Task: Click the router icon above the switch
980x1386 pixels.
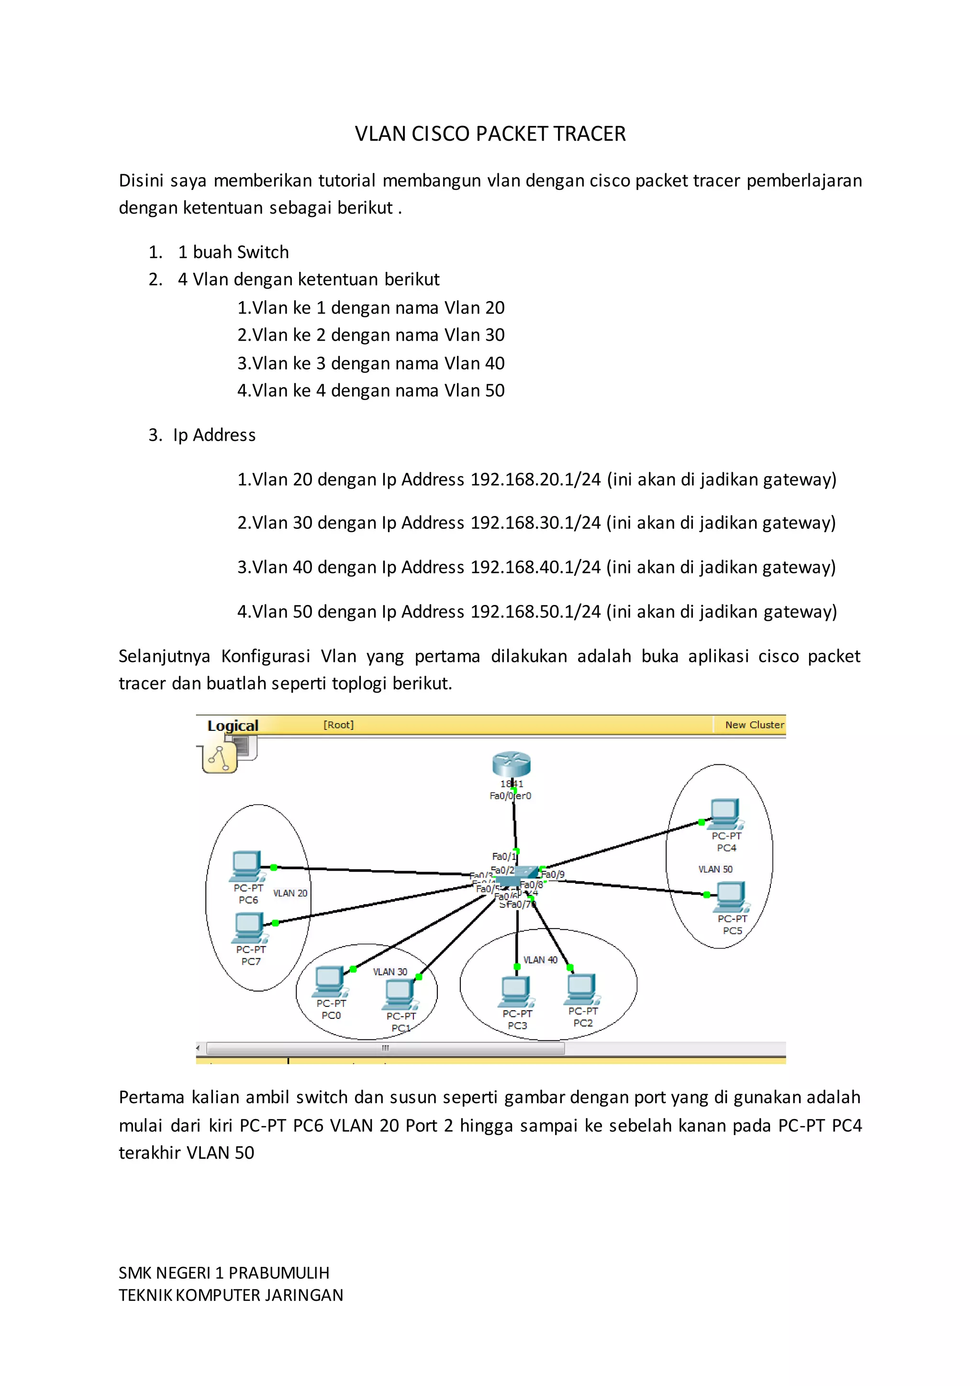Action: [x=511, y=764]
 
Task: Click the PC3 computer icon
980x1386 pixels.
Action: [x=516, y=992]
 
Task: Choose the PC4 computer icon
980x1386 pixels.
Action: [x=725, y=814]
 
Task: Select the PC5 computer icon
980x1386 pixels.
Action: [x=730, y=896]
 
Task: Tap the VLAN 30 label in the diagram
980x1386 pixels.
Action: [x=390, y=971]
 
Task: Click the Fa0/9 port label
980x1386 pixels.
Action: [x=553, y=874]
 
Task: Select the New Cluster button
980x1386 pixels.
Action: [x=754, y=725]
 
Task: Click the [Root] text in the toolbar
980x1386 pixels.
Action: [x=338, y=725]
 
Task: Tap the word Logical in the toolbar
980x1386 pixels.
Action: [x=233, y=726]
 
